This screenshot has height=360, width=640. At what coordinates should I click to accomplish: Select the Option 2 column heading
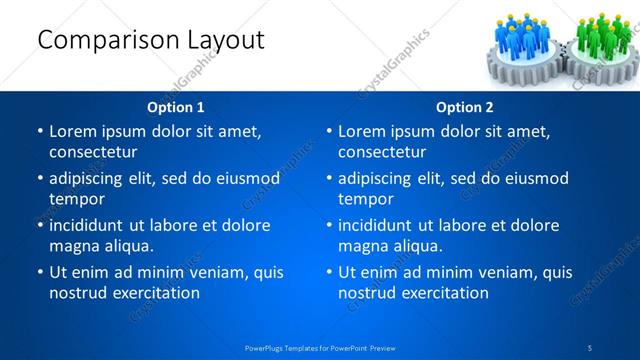click(464, 107)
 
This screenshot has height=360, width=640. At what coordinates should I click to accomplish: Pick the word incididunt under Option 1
click(92, 225)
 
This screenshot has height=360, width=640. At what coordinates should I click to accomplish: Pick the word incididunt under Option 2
click(381, 225)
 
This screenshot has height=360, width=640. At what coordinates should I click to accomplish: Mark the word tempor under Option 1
click(76, 199)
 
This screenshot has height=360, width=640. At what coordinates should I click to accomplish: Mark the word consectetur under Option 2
click(387, 152)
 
